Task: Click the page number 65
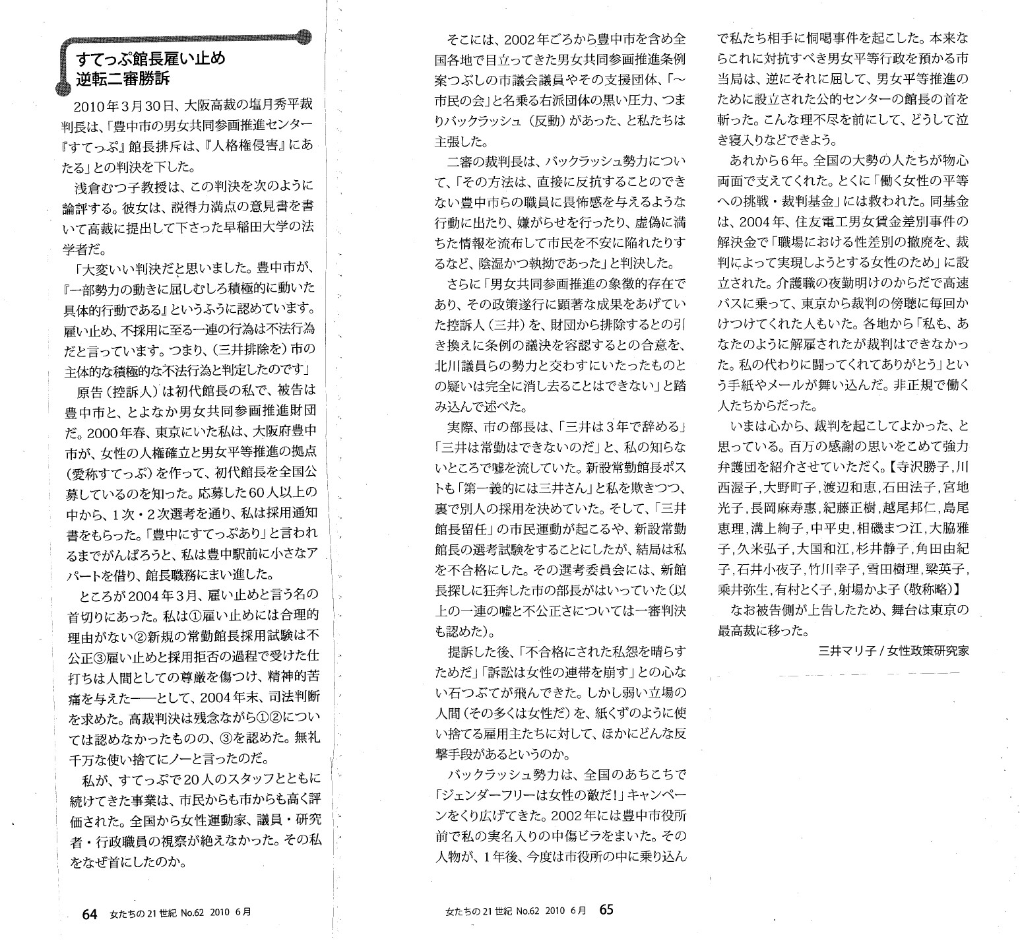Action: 606,909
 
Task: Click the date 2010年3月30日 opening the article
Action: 122,106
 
